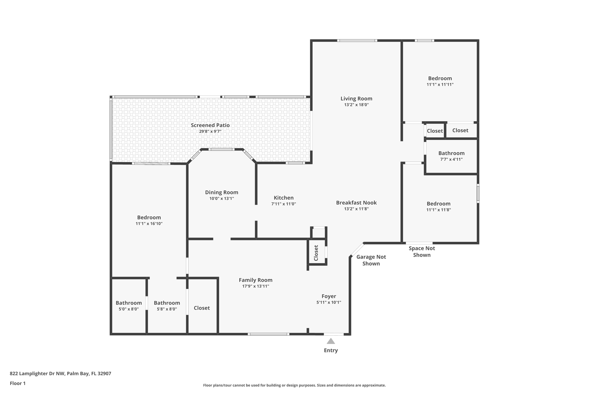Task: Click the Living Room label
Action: tap(356, 98)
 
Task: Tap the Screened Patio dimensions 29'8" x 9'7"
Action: tap(210, 132)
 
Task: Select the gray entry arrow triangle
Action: tap(331, 341)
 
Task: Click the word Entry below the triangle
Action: tap(331, 350)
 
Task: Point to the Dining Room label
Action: tap(221, 192)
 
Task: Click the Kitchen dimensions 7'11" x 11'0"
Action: tap(284, 204)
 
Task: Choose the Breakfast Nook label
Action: tap(356, 203)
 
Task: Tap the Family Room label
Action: tap(255, 280)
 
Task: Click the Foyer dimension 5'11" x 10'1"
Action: tap(329, 302)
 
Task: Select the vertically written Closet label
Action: tap(316, 253)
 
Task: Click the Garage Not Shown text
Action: tap(371, 260)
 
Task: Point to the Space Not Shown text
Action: tap(422, 251)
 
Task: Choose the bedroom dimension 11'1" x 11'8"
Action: tap(438, 210)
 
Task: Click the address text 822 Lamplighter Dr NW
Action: tap(37, 374)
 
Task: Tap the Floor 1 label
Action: tap(18, 383)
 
